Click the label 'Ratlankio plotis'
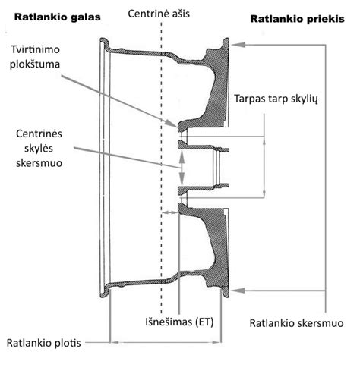(x=43, y=343)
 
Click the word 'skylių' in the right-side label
(x=306, y=99)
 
